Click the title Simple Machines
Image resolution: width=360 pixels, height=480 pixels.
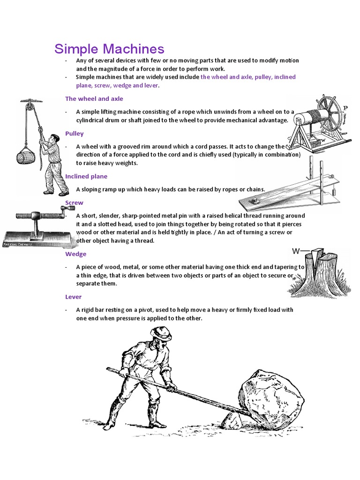tap(109, 49)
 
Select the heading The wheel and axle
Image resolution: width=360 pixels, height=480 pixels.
tap(94, 99)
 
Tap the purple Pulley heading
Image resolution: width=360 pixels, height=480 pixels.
tap(74, 134)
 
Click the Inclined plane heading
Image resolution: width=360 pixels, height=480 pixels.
tap(86, 176)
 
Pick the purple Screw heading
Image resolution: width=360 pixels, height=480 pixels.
tap(74, 203)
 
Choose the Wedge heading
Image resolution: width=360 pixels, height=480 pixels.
tap(75, 254)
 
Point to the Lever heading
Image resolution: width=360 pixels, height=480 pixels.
tap(73, 297)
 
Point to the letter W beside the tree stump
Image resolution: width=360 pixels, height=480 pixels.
tap(296, 251)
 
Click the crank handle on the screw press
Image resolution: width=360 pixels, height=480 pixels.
tap(61, 217)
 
